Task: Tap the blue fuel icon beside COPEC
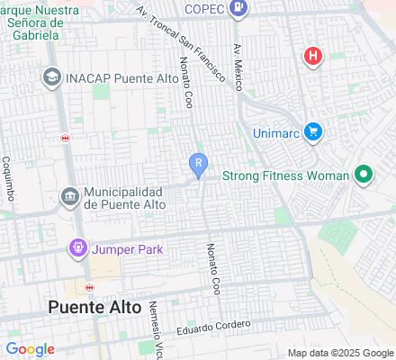coord(238,9)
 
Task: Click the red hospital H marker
coord(312,56)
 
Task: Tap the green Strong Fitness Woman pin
coord(364,175)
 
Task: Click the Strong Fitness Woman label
coord(284,175)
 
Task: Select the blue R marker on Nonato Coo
coord(198,163)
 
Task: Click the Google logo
coord(30,349)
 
